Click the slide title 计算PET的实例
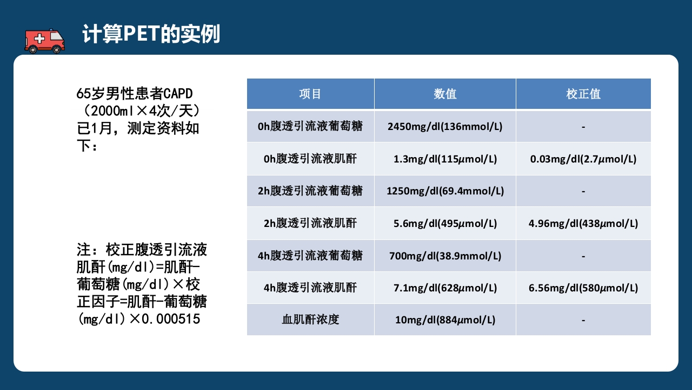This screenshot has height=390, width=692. coord(151,34)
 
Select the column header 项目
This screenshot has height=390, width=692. coord(310,94)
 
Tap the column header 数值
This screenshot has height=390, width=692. coord(445,94)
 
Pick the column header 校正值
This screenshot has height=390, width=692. coord(583,94)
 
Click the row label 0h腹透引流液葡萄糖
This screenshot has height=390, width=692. coord(310,126)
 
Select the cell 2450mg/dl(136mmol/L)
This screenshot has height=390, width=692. coord(445,127)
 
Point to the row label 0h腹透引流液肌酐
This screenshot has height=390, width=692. coord(310,159)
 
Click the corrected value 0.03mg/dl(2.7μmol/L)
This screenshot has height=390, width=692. coord(583,159)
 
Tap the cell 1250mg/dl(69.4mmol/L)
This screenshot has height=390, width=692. coord(445,191)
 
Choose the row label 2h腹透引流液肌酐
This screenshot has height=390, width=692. coord(310,223)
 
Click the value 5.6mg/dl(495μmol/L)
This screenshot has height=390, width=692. coord(445,223)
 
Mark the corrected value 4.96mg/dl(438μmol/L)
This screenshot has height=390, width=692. coord(583,223)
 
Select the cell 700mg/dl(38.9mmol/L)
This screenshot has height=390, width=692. coord(445,256)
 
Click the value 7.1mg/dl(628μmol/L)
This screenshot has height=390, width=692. coord(445,288)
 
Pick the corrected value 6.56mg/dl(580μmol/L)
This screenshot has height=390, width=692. coord(583,288)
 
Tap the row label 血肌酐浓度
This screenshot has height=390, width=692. coord(310,320)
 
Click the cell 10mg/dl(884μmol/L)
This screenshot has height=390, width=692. coord(445,320)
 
